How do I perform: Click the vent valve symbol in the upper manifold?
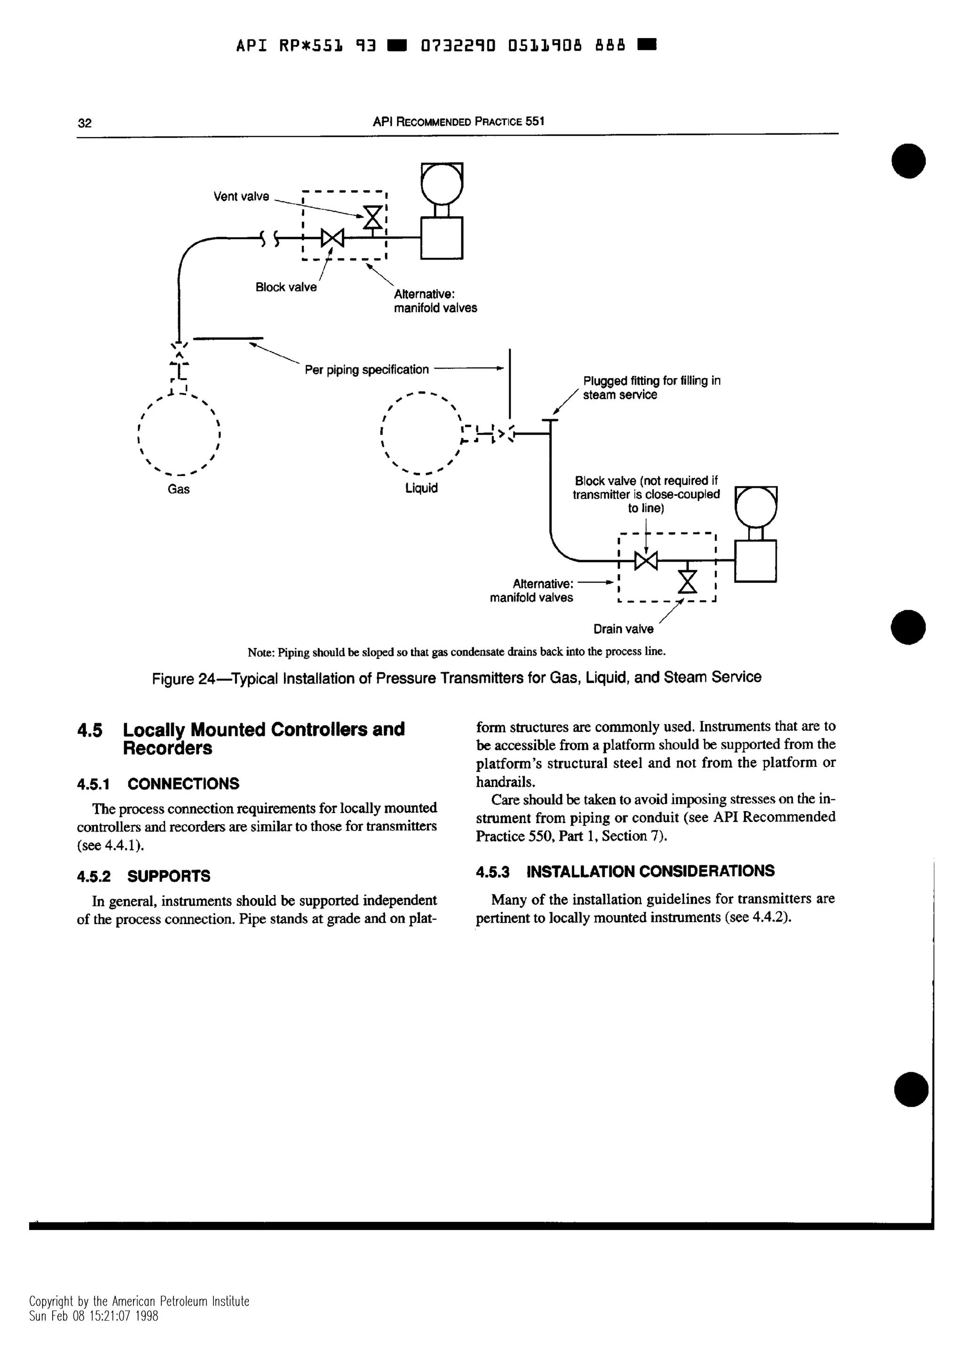pyautogui.click(x=373, y=217)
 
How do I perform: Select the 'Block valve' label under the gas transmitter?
pyautogui.click(x=286, y=287)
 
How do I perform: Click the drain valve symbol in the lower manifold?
pyautogui.click(x=687, y=581)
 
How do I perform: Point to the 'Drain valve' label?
pyautogui.click(x=623, y=629)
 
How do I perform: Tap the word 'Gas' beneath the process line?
pyautogui.click(x=179, y=489)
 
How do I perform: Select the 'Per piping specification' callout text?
pyautogui.click(x=367, y=369)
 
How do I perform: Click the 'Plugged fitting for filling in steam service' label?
pyautogui.click(x=652, y=387)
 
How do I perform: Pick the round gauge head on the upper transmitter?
pyautogui.click(x=442, y=183)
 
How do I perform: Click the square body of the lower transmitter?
pyautogui.click(x=755, y=561)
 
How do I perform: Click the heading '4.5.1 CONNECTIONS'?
pyautogui.click(x=158, y=783)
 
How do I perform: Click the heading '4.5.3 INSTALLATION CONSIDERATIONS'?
pyautogui.click(x=625, y=871)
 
